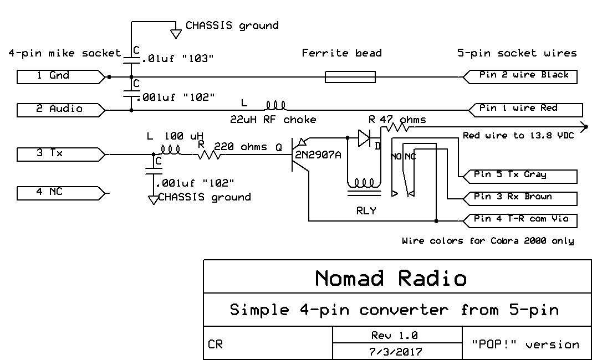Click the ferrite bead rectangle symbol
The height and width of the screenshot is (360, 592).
(350, 76)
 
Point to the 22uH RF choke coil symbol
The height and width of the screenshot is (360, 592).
(275, 105)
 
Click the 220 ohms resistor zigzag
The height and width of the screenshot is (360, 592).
(208, 156)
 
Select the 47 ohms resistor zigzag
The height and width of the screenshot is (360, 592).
(397, 127)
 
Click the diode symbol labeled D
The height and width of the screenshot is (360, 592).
(364, 137)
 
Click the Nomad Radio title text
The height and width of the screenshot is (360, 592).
(391, 277)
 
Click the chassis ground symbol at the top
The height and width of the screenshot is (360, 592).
(176, 34)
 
